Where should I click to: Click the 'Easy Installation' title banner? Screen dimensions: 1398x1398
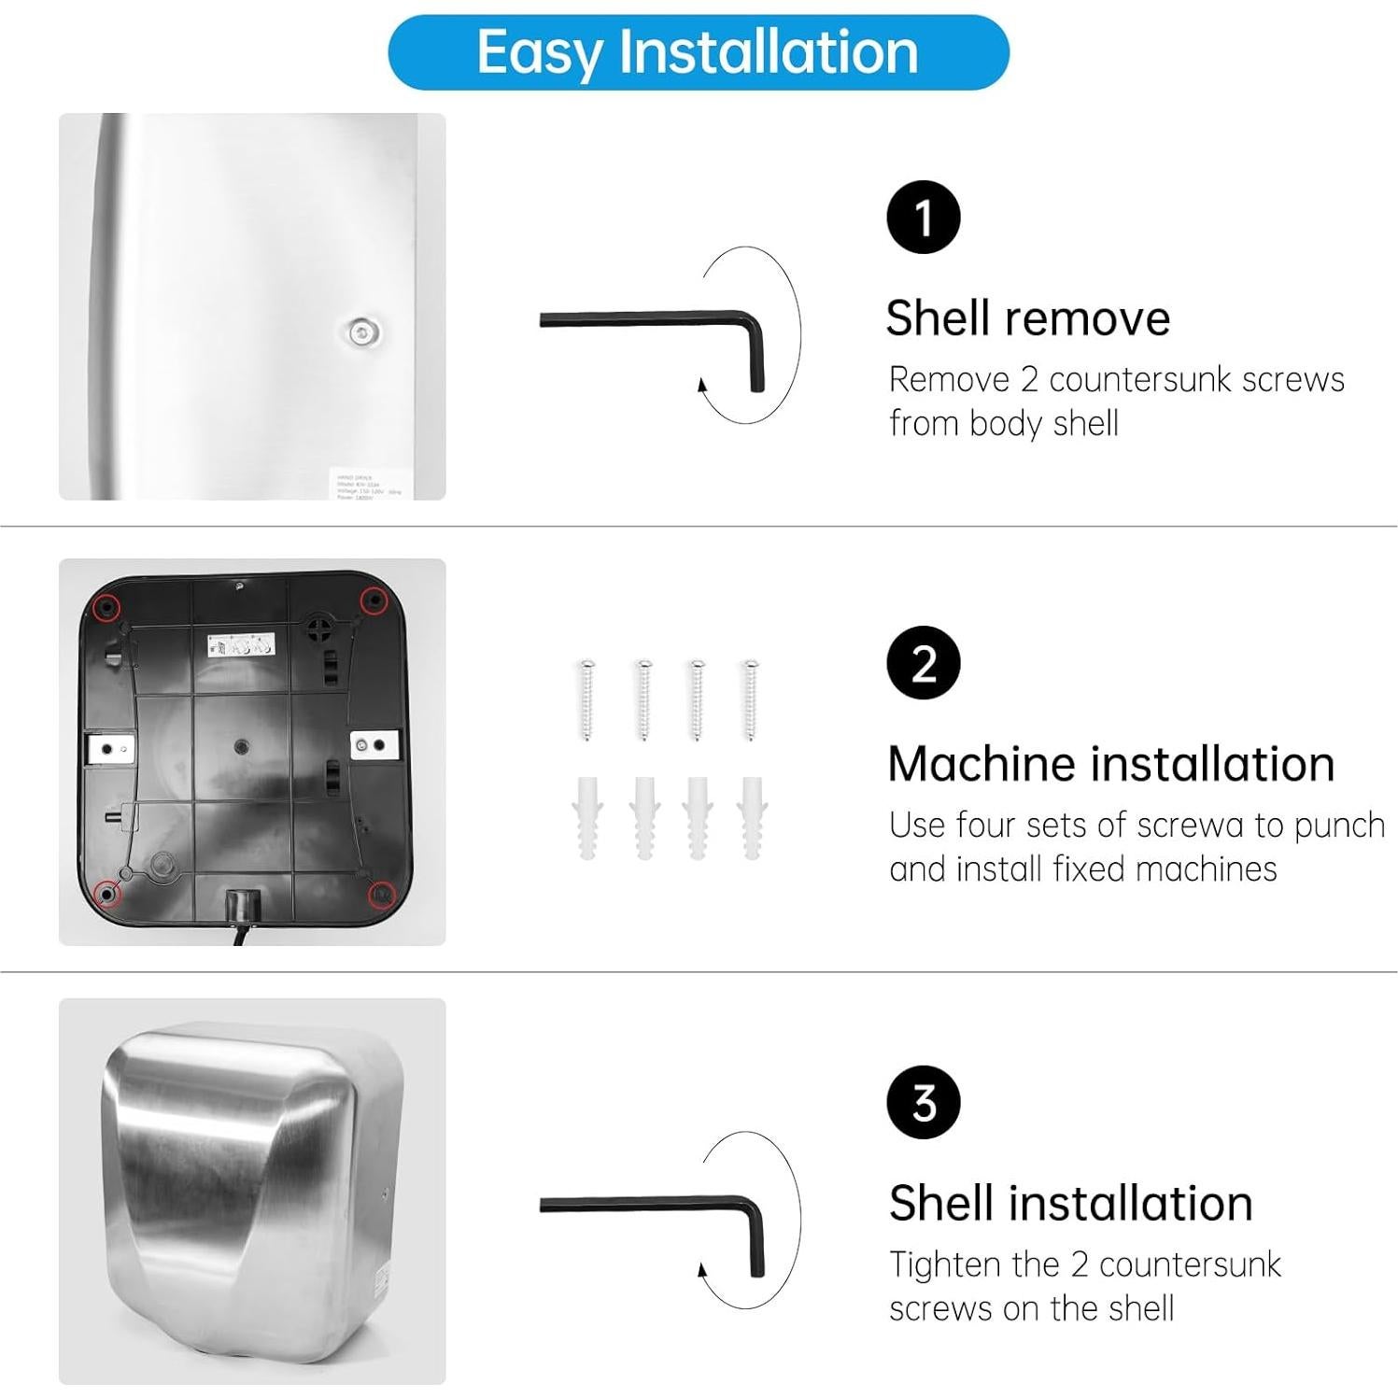coord(698,52)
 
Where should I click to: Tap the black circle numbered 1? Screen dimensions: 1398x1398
coord(923,218)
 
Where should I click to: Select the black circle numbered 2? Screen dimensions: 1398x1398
coord(923,663)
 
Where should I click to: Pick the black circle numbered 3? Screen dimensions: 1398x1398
coord(923,1103)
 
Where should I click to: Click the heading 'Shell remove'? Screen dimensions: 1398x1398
coord(1027,318)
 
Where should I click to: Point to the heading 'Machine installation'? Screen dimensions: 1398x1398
coord(1110,764)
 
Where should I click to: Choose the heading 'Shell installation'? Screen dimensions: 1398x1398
coord(1070,1203)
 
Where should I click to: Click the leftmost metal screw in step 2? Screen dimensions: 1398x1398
coord(587,699)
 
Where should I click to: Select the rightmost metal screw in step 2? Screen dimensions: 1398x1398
coord(750,699)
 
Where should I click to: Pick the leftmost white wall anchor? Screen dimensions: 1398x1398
coord(587,817)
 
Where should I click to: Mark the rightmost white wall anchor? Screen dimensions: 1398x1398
coord(751,817)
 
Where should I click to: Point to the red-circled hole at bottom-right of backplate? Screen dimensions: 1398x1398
coord(380,895)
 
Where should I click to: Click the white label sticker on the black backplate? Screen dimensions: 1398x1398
coord(240,646)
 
